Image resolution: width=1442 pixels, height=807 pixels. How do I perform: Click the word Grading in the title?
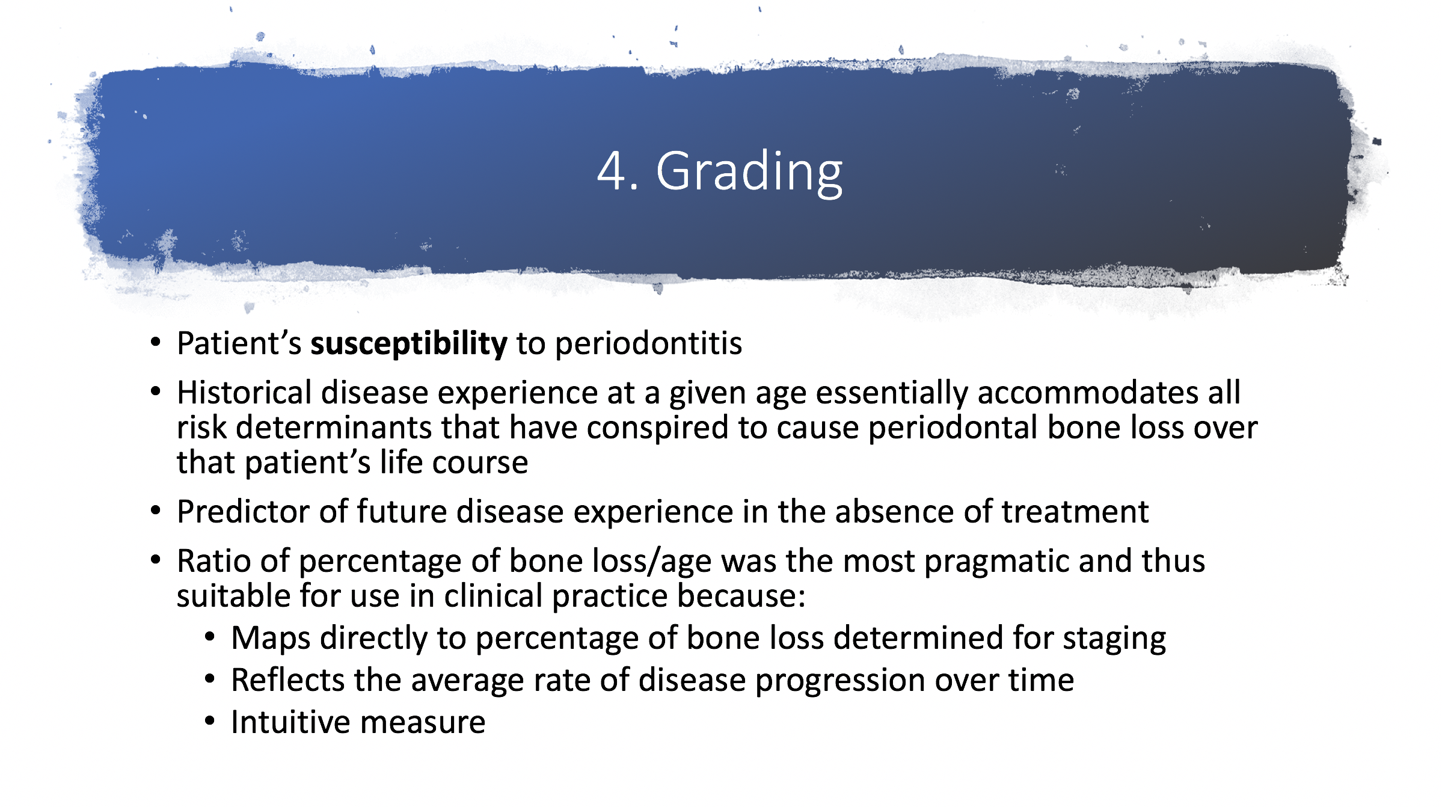pos(749,174)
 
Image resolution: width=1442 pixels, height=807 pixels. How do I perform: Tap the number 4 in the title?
pos(612,171)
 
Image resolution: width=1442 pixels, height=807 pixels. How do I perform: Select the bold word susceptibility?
pos(409,345)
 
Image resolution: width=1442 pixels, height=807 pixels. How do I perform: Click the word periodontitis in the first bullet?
pos(648,345)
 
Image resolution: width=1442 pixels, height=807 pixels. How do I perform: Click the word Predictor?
pos(244,512)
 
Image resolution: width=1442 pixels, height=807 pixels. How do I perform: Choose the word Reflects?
pos(287,680)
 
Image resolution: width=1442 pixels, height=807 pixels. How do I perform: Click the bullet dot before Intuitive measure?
pos(210,720)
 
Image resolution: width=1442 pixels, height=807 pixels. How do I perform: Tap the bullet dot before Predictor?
pos(156,511)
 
